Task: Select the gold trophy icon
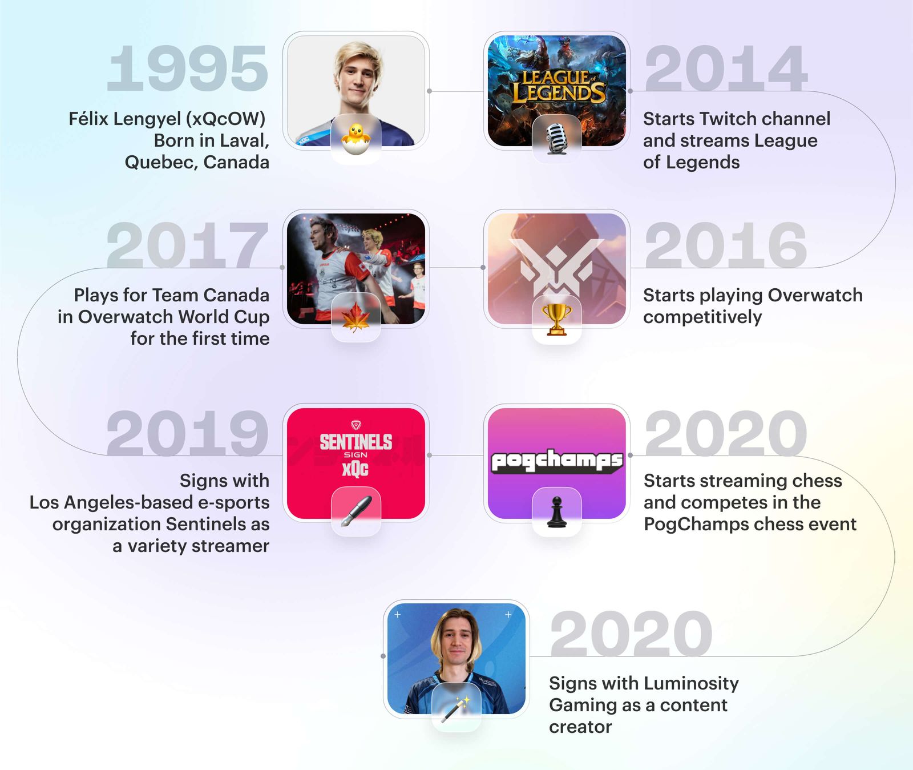556,319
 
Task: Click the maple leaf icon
355,318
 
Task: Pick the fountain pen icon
355,511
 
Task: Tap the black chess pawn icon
556,511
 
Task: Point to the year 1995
187,69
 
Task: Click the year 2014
726,69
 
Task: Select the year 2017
187,245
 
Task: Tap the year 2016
726,245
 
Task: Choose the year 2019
187,433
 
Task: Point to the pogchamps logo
556,460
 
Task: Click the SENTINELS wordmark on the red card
355,442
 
